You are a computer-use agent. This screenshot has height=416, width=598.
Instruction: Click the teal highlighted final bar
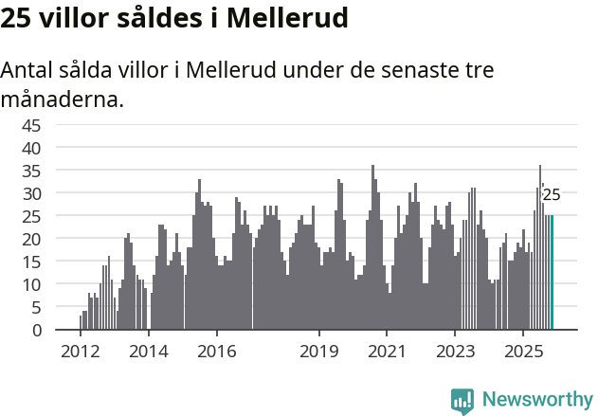click(553, 273)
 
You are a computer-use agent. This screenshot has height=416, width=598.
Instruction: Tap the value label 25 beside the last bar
click(552, 196)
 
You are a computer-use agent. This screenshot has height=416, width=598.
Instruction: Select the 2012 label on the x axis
click(80, 351)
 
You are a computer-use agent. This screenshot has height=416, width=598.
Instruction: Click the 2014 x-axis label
click(149, 351)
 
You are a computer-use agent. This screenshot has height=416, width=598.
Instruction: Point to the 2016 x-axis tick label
click(217, 351)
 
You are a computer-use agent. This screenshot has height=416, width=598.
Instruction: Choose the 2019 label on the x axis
click(319, 351)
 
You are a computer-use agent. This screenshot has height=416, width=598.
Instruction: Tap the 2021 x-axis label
click(388, 351)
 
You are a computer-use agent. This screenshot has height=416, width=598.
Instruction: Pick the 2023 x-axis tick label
click(456, 351)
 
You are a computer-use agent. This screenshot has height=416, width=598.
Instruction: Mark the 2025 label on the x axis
click(524, 351)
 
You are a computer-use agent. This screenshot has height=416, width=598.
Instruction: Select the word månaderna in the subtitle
click(63, 98)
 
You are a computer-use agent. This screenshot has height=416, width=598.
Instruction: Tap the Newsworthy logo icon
click(462, 400)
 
